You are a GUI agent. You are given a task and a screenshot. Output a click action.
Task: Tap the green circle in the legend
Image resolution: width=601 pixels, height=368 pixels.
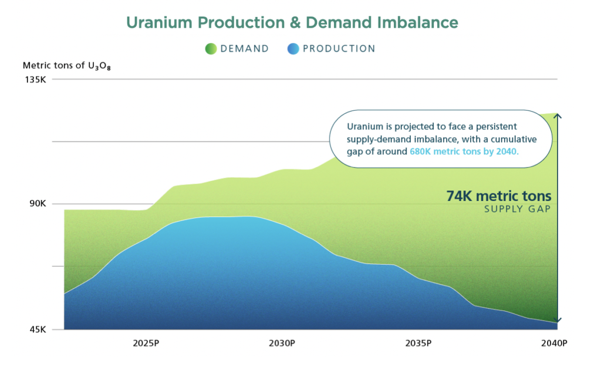[x=211, y=49]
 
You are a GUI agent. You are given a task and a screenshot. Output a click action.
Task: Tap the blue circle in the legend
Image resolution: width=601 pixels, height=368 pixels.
[x=293, y=49]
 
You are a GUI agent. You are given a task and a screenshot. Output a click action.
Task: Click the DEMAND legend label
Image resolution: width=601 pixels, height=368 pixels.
[x=245, y=49]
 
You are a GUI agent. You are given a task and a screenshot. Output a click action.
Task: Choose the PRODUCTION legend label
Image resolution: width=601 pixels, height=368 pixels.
[x=339, y=49]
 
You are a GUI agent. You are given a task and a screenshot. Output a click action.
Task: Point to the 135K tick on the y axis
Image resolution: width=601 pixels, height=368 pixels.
[x=35, y=79]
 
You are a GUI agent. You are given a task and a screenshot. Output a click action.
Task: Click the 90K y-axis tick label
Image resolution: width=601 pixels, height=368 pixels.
[x=37, y=204]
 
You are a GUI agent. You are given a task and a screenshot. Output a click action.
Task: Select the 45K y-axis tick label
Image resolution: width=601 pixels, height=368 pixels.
[x=37, y=329]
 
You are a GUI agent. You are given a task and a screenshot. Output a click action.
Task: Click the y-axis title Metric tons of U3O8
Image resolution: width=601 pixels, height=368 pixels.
[x=67, y=66]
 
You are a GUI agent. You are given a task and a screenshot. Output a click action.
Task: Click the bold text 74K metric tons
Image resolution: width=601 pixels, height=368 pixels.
[x=499, y=196]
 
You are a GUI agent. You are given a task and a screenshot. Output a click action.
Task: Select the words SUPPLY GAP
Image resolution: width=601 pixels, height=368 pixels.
[x=517, y=210]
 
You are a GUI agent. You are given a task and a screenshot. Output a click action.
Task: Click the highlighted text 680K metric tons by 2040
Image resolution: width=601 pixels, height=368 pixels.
[x=464, y=152]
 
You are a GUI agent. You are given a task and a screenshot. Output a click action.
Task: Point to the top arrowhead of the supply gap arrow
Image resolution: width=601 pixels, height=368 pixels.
[x=558, y=116]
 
